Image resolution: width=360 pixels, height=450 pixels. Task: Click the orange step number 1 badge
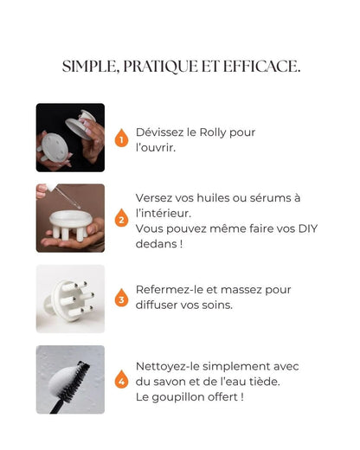121,138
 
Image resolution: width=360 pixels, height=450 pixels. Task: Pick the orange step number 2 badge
121,220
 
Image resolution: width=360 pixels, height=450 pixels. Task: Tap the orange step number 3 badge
121,299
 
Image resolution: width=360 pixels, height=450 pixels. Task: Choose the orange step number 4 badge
121,380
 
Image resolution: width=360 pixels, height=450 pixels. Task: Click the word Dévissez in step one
160,132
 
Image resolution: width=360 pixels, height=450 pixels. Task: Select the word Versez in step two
155,197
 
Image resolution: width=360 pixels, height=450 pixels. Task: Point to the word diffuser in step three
161,305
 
